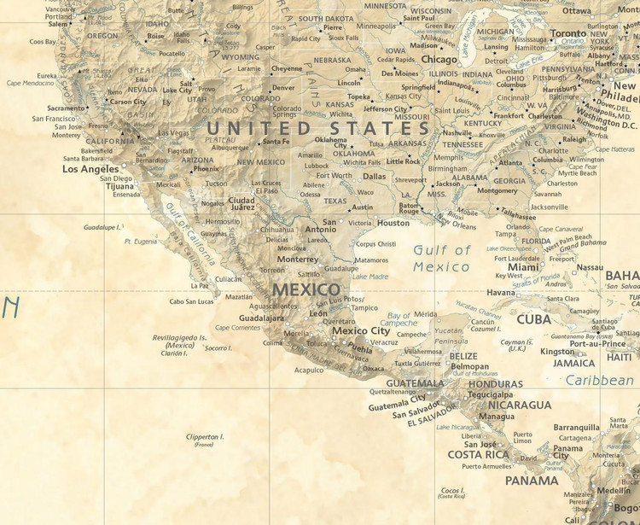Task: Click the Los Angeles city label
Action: point(90,169)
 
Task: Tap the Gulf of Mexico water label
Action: point(441,259)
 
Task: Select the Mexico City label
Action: point(361,331)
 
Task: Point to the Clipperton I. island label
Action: point(205,437)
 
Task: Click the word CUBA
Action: point(534,319)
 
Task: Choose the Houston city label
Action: point(393,223)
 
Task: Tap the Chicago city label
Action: point(439,60)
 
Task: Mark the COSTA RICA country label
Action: point(479,455)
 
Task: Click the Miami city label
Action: point(524,267)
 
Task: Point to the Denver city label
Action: point(283,88)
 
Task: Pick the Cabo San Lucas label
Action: point(191,301)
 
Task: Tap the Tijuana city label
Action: point(119,186)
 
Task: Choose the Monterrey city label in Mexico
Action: point(298,260)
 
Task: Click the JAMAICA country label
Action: point(573,363)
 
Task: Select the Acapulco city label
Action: point(309,370)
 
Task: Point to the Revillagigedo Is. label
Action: point(179,337)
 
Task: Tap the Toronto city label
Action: point(568,33)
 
